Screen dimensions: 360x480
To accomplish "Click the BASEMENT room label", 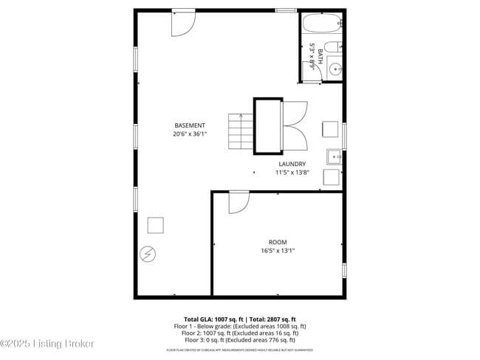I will click(190, 125).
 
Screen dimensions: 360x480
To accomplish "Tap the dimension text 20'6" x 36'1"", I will click(190, 134).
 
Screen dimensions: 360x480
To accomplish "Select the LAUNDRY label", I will click(292, 164).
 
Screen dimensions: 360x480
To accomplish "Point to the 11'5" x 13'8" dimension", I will click(292, 173).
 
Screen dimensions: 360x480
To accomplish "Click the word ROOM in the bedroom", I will click(278, 242).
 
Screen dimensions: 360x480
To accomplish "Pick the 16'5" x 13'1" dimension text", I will click(278, 251).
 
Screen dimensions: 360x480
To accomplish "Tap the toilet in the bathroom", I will click(334, 48).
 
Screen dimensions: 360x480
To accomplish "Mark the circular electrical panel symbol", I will click(148, 254).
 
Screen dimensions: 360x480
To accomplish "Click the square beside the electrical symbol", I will click(156, 225).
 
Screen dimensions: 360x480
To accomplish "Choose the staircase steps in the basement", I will click(240, 131).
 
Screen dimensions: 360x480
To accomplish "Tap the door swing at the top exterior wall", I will click(182, 24).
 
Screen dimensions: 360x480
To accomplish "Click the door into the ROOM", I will click(238, 202).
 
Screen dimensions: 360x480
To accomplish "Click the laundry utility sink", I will click(334, 156).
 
